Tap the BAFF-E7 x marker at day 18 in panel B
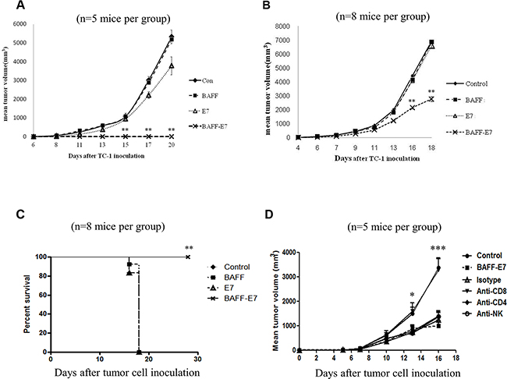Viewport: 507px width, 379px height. click(x=431, y=99)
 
